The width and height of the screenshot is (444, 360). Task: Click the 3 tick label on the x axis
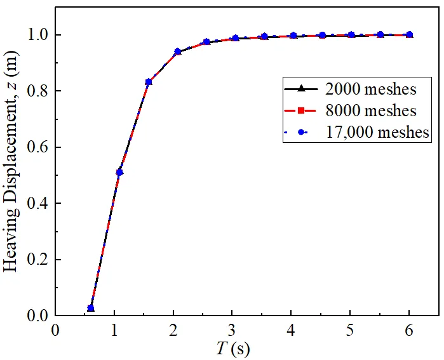point(232,331)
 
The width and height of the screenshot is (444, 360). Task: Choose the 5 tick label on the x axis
point(350,331)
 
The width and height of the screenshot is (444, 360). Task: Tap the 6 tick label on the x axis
point(409,331)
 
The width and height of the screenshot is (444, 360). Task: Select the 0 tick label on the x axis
point(56,331)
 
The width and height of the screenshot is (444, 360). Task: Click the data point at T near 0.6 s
point(91,308)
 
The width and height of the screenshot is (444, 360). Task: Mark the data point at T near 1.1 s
point(119,172)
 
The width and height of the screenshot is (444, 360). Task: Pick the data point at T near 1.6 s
point(149,82)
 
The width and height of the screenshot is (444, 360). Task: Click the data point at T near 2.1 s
point(178,52)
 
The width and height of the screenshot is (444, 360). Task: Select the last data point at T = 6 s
point(409,35)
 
